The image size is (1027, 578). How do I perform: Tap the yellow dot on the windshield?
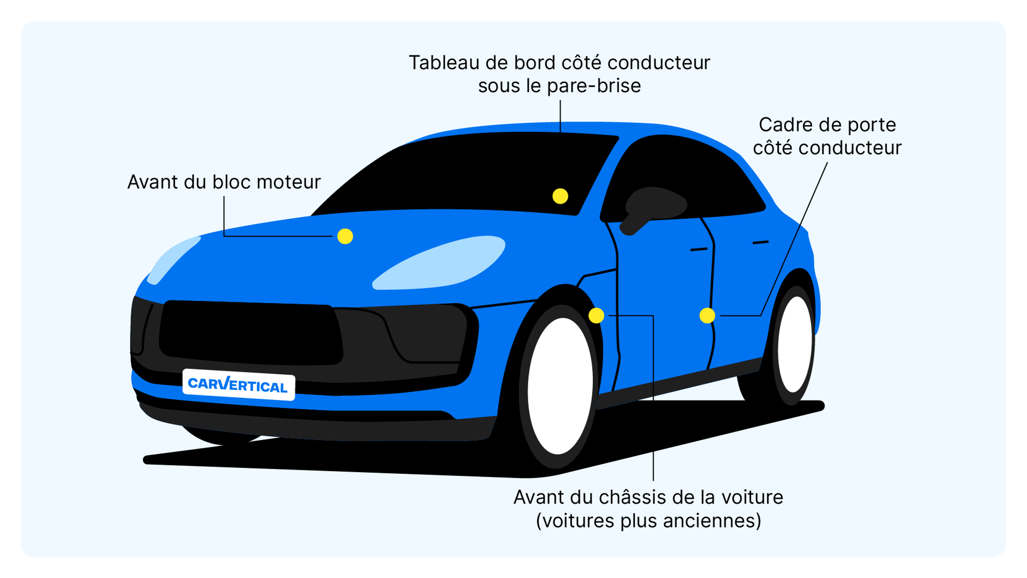(x=560, y=196)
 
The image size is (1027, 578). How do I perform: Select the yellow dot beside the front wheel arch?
(x=596, y=315)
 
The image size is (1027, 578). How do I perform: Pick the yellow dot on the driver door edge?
(x=707, y=315)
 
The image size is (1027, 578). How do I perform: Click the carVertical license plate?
(x=238, y=385)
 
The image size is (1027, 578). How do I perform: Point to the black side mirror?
(x=654, y=207)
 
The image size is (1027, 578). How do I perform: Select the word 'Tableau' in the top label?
(x=443, y=63)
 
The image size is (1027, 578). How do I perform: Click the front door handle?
(x=699, y=249)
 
